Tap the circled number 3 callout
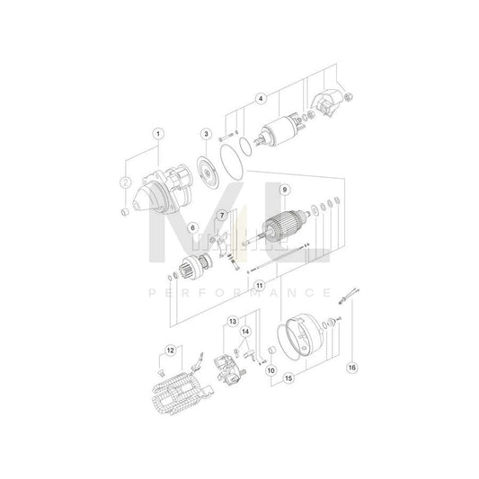206,135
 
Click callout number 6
191,229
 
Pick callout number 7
222,215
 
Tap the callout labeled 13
232,321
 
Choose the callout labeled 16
352,367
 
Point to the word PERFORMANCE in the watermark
239,292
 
